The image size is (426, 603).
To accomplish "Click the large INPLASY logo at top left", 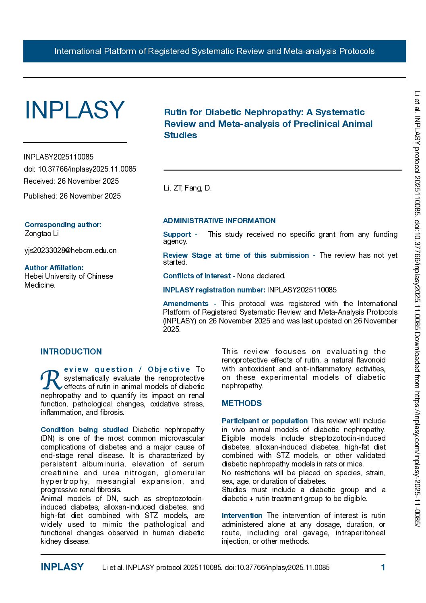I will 74,110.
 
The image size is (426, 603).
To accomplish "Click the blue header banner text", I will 214,51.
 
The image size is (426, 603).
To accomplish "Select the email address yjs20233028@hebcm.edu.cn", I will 70,251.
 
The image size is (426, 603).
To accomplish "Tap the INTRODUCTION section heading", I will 71,352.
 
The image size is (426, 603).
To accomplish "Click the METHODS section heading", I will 242,403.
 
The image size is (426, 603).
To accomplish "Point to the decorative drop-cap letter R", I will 51,379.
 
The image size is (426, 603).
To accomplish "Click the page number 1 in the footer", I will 383,568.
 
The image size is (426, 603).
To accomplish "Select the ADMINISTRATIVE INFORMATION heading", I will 219,221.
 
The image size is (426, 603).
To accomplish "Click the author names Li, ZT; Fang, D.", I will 187,188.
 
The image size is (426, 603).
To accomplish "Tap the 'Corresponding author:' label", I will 63,225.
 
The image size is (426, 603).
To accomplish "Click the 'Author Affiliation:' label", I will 54,268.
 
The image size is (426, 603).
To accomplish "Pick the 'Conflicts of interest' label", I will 196,276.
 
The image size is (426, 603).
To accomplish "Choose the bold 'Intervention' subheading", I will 242,516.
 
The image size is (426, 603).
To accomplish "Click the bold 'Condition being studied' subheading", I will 84,430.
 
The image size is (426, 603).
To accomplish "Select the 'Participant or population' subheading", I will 265,421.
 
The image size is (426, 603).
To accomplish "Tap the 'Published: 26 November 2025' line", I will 72,196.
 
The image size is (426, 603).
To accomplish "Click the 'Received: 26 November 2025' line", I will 71,181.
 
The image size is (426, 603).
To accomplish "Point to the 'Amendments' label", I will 186,304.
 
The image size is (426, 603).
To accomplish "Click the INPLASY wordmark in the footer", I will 62,567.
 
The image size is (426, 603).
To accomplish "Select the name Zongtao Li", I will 41,234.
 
